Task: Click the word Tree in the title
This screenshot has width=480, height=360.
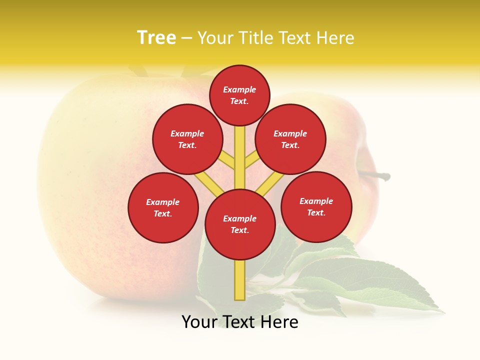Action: pyautogui.click(x=156, y=38)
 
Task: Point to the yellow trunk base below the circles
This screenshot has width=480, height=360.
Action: pyautogui.click(x=240, y=280)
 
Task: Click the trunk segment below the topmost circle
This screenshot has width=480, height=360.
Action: pyautogui.click(x=240, y=150)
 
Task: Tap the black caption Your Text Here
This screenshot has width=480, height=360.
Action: pyautogui.click(x=240, y=322)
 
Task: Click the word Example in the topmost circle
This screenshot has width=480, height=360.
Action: pyautogui.click(x=239, y=89)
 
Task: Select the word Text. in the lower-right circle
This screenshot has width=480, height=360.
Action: pyautogui.click(x=316, y=212)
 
